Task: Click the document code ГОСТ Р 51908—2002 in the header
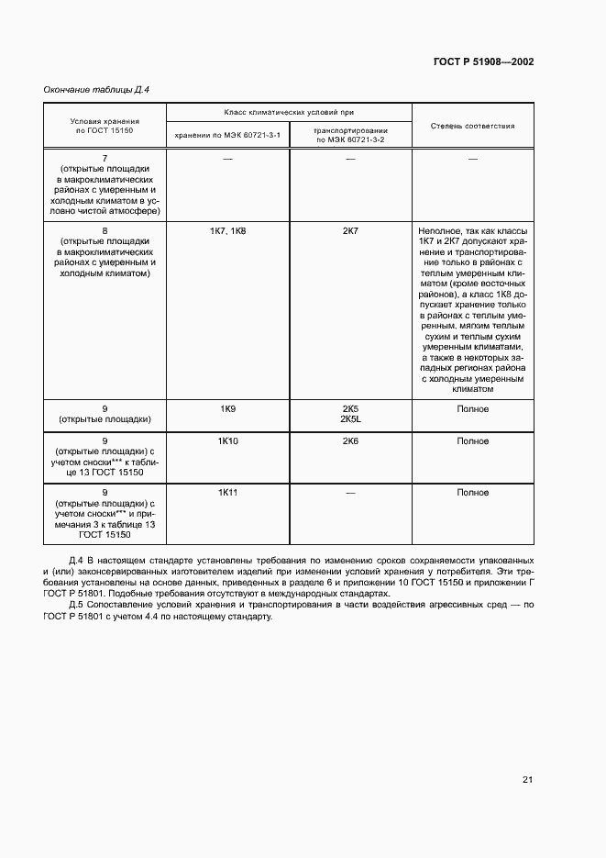point(483,62)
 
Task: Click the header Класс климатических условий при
point(288,112)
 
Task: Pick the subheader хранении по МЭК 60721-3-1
point(227,137)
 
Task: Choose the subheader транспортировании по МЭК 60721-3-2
point(349,136)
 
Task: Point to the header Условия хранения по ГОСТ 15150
point(105,126)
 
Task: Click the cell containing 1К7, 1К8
point(227,231)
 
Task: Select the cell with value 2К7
point(350,231)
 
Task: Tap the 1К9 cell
point(227,409)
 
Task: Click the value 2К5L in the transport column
point(350,419)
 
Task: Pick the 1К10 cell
point(227,441)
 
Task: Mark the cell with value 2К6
point(350,441)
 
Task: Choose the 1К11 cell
point(227,493)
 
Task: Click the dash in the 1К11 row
point(350,493)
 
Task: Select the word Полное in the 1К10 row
point(472,441)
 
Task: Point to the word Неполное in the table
point(437,231)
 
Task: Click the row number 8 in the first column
point(105,231)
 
